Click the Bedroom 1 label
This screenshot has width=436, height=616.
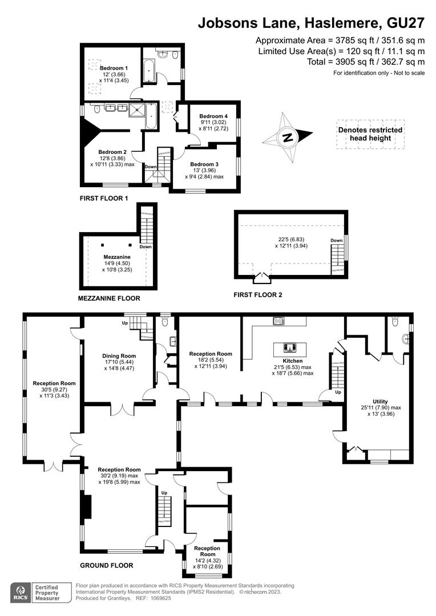pyautogui.click(x=114, y=68)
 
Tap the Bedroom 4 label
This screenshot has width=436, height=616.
pyautogui.click(x=213, y=116)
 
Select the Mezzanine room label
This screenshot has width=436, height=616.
pyautogui.click(x=117, y=257)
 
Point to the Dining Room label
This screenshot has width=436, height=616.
pyautogui.click(x=119, y=356)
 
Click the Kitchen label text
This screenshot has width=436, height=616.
pyautogui.click(x=293, y=360)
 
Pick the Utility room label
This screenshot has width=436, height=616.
pyautogui.click(x=380, y=402)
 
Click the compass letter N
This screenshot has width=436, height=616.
pyautogui.click(x=288, y=137)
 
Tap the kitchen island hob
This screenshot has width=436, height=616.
pyautogui.click(x=290, y=347)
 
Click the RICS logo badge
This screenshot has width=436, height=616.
pyautogui.click(x=21, y=593)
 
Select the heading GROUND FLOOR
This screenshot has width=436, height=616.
pyautogui.click(x=107, y=565)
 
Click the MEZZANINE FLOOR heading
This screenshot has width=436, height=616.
pyautogui.click(x=109, y=298)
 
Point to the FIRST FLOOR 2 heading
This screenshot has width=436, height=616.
pyautogui.click(x=258, y=295)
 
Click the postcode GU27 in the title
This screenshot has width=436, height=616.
pyautogui.click(x=406, y=23)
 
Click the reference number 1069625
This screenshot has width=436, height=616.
pyautogui.click(x=159, y=598)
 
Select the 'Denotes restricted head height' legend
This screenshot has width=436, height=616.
pyautogui.click(x=370, y=134)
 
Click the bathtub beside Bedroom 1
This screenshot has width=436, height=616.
pyautogui.click(x=149, y=71)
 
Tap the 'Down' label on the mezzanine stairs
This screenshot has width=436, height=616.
pyautogui.click(x=146, y=247)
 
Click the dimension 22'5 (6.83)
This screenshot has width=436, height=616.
pyautogui.click(x=291, y=239)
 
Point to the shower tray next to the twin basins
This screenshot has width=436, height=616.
pyautogui.click(x=137, y=110)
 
